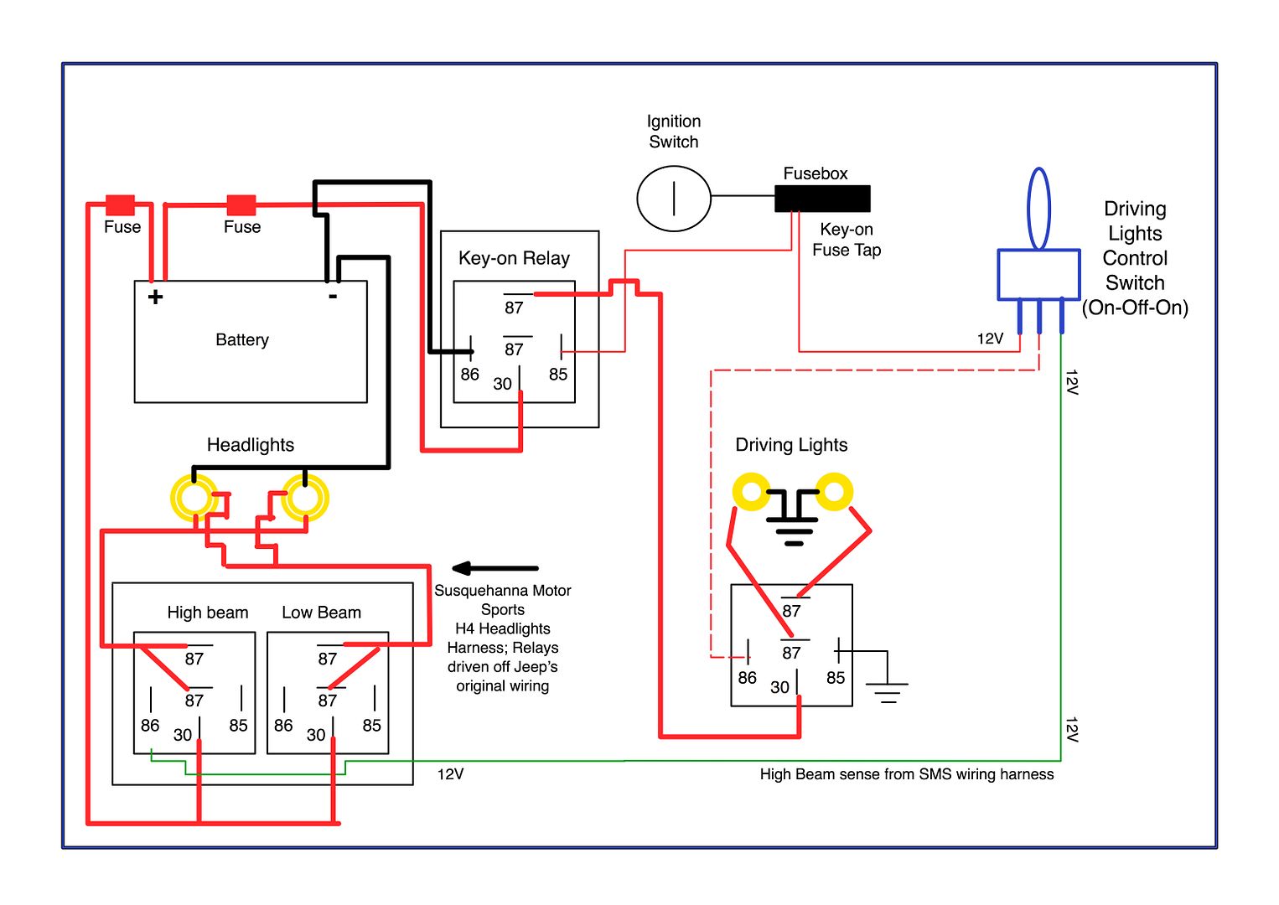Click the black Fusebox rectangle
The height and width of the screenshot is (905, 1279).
click(822, 199)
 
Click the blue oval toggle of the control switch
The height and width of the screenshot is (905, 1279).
click(1038, 209)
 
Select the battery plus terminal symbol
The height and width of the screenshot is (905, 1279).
click(155, 297)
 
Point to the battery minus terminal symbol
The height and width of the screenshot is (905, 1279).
click(332, 297)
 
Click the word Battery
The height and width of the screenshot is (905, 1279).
click(242, 339)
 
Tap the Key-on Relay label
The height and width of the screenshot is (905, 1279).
click(514, 258)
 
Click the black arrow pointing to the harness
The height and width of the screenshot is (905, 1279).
click(495, 568)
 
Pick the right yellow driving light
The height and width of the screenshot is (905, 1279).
click(834, 491)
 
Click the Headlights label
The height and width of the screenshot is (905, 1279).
click(250, 445)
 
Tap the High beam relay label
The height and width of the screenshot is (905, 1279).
click(208, 613)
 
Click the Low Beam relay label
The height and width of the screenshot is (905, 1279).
click(322, 613)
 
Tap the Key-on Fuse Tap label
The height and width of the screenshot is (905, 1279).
click(847, 240)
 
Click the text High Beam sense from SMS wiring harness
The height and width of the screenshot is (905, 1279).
click(907, 774)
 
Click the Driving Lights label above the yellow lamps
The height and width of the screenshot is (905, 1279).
click(791, 445)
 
